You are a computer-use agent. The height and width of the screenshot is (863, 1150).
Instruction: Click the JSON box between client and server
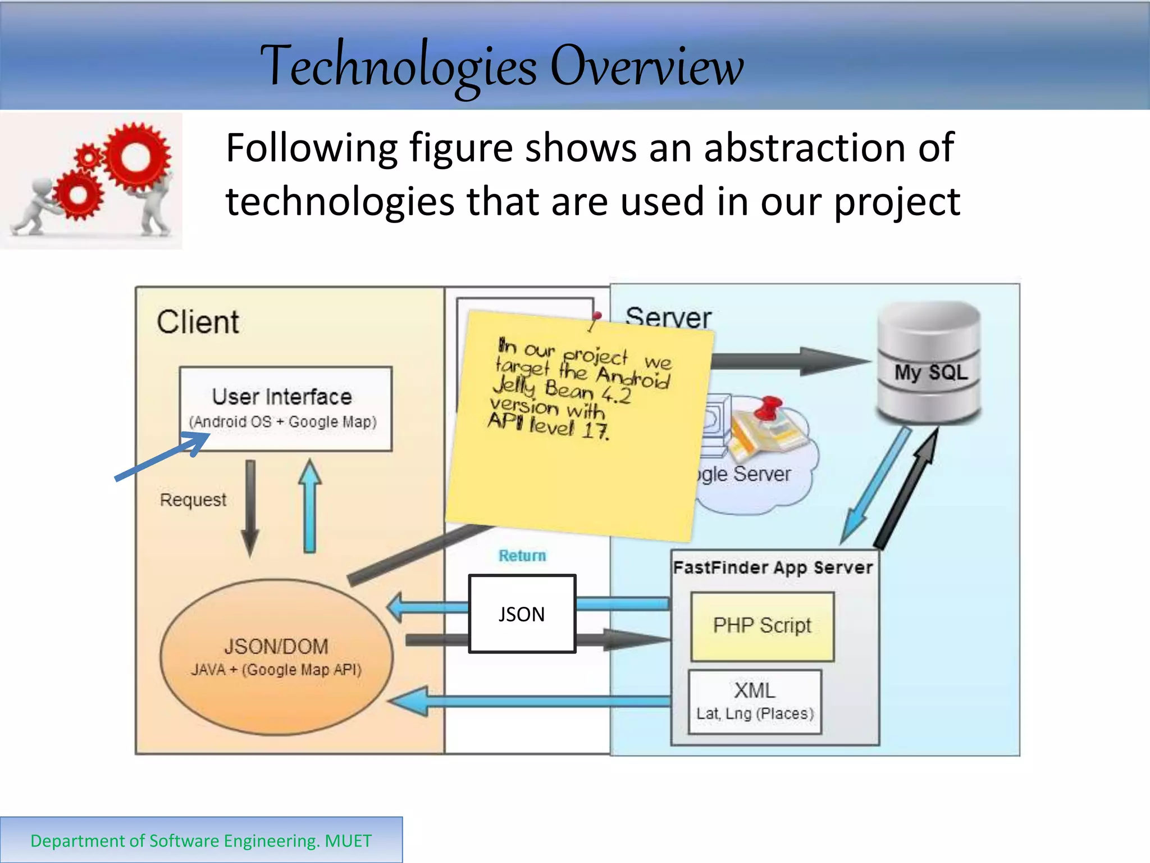pos(522,614)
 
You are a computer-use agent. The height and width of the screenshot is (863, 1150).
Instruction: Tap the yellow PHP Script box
pos(762,626)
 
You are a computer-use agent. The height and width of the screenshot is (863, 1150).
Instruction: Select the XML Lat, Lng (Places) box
pos(755,702)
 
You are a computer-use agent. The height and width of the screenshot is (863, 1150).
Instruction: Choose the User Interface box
pos(285,408)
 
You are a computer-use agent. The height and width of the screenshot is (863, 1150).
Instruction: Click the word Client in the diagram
pos(198,323)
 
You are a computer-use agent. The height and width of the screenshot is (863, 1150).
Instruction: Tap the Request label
pos(193,499)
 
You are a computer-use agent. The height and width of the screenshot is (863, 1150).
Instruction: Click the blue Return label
pos(522,556)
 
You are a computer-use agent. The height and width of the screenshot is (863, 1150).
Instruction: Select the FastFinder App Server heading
pos(773,567)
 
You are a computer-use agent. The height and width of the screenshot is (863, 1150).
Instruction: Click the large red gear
pos(136,157)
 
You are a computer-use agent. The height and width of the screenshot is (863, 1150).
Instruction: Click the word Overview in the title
pos(647,66)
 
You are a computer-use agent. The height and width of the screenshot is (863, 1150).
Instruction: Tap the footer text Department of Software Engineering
pos(200,841)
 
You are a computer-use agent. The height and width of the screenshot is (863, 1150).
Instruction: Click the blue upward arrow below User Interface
pos(309,506)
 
